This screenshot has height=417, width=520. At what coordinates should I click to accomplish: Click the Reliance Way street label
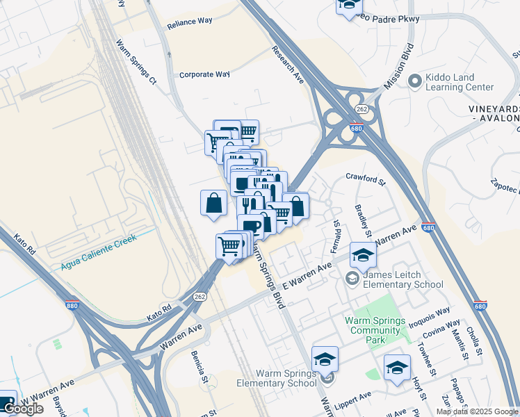coord(190,22)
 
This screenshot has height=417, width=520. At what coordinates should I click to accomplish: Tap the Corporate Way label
coord(204,74)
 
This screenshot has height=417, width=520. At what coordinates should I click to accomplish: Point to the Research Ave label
coord(288,66)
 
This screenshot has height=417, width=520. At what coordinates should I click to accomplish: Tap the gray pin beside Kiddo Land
coord(415,81)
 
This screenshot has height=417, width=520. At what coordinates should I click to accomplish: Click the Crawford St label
coord(365,180)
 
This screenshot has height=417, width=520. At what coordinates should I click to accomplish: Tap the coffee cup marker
coord(250,226)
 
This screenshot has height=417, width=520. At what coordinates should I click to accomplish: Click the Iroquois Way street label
coord(432,314)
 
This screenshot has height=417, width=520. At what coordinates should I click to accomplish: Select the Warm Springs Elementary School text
coord(277,379)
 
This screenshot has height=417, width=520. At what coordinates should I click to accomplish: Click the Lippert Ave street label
coord(352,399)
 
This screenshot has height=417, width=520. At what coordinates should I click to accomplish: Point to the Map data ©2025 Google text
coord(477,411)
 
